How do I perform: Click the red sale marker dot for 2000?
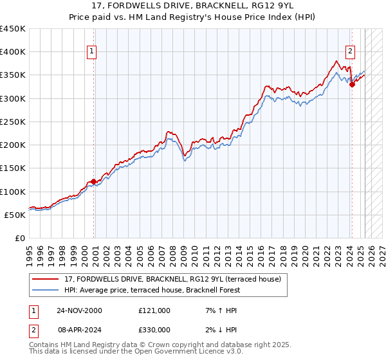point(94,182)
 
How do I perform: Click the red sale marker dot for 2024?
point(352,84)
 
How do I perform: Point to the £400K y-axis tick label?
point(13,52)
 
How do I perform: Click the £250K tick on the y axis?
point(13,122)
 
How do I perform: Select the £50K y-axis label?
point(15,215)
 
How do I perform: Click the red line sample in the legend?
point(46,279)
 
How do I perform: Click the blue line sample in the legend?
point(46,290)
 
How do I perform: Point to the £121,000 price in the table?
point(154,310)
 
